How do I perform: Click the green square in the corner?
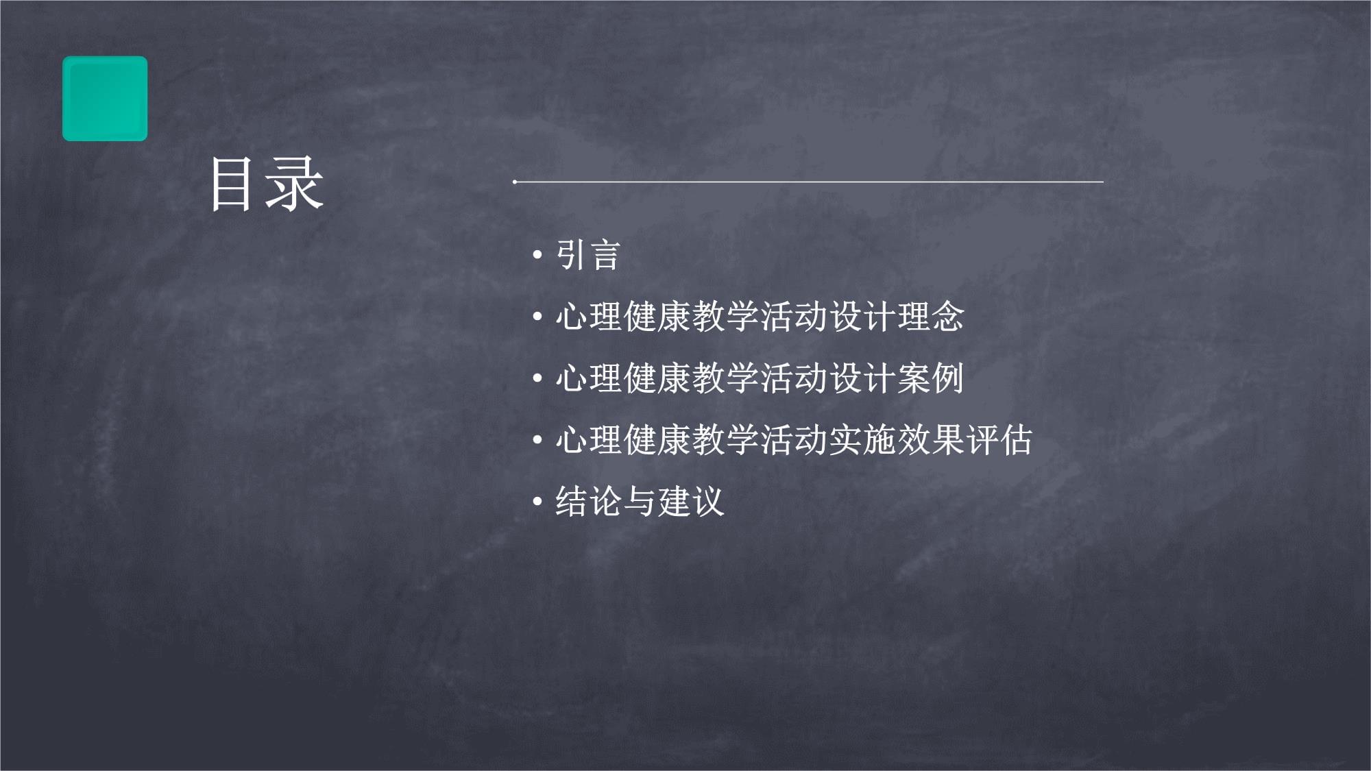click(x=105, y=99)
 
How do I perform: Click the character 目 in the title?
click(x=231, y=184)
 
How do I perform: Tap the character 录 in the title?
click(x=294, y=184)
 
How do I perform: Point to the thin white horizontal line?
click(x=808, y=182)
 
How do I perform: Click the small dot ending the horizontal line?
click(x=515, y=182)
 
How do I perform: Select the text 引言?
click(x=587, y=255)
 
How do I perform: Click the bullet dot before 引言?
click(x=537, y=256)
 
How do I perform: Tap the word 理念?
click(x=930, y=317)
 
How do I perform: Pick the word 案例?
click(x=930, y=378)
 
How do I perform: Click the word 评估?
click(x=999, y=440)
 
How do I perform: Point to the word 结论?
click(x=588, y=502)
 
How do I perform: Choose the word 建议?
click(x=691, y=502)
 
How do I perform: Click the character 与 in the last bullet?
click(x=640, y=502)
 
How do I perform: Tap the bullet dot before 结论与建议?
click(x=537, y=502)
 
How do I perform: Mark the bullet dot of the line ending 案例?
click(x=537, y=379)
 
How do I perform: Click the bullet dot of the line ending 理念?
click(x=537, y=317)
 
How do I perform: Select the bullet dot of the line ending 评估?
click(x=537, y=441)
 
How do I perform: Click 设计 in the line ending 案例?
click(x=862, y=378)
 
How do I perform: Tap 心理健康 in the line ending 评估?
click(x=622, y=440)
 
